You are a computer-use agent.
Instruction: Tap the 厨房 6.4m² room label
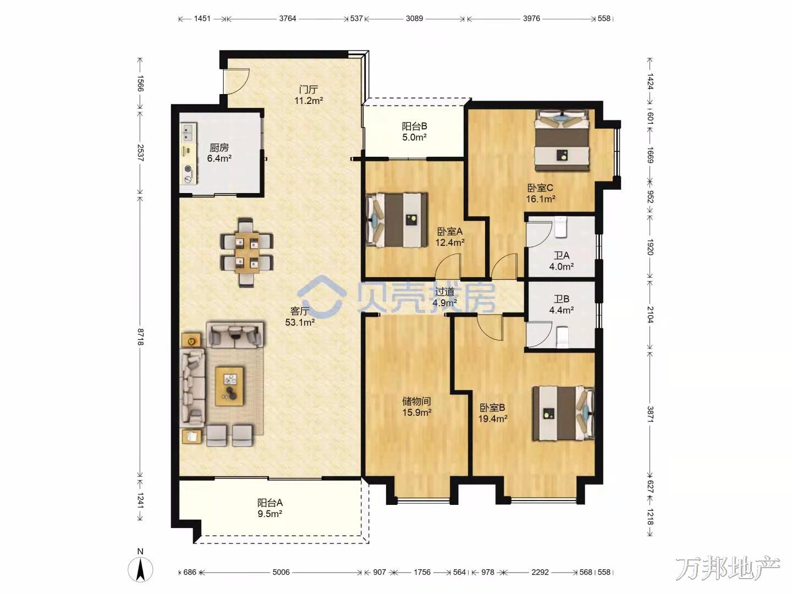pos(219,152)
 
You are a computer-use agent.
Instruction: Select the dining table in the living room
pos(247,252)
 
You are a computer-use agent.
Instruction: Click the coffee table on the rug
pos(229,386)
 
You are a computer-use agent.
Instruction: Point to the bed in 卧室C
pos(562,140)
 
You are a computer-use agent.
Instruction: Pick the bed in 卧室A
pos(397,221)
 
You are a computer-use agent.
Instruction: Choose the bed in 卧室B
pos(563,413)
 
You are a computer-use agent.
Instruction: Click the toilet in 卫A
pos(560,227)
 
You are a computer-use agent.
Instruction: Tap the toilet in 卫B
pos(562,337)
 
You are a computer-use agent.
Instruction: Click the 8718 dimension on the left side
pos(140,337)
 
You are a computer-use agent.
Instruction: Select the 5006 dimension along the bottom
pos(280,572)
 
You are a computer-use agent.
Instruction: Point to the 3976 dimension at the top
pos(531,18)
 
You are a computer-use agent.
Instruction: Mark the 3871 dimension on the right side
pos(650,414)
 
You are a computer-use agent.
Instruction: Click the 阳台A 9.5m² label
pos(270,508)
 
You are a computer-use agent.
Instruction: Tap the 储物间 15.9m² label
pos(417,406)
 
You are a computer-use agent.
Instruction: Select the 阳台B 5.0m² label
pos(415,131)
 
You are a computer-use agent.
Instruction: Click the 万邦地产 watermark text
pos(728,568)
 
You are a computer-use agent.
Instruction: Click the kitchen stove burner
pos(188,168)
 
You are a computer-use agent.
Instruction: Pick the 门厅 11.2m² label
pos(309,95)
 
